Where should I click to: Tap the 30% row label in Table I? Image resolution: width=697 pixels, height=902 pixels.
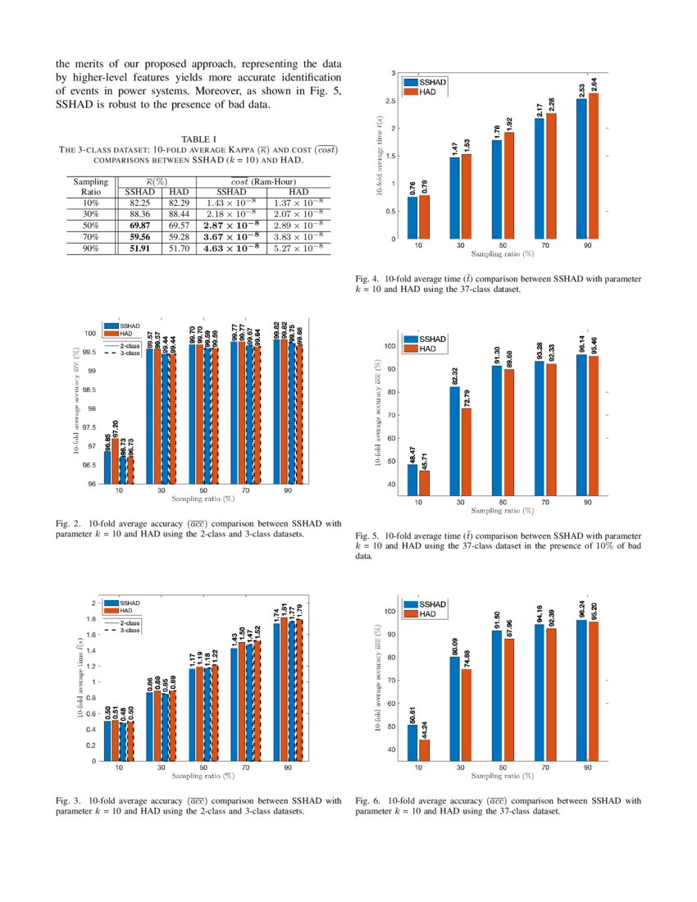click(84, 213)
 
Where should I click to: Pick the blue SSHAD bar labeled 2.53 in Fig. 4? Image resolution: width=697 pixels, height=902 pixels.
click(581, 169)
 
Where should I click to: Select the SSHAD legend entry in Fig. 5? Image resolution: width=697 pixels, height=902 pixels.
click(432, 339)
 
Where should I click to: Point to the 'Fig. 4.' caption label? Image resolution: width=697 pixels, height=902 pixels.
click(368, 279)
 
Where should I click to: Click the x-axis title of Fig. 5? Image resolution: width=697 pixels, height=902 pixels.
click(502, 509)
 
